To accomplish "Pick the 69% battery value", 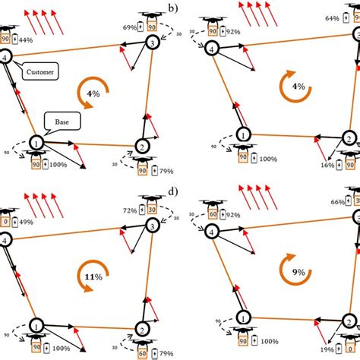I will pos(130,27).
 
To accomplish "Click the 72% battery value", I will pos(130,210).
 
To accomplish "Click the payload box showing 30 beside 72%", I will pos(153,210).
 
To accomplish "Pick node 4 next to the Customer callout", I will pos(7,57).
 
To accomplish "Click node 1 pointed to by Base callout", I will pos(35,141).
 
